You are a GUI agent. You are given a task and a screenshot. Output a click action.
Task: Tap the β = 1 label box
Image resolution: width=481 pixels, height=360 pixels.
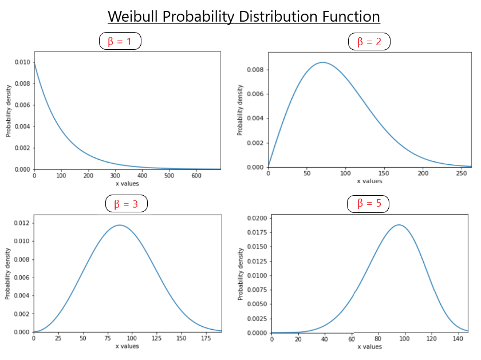(120, 41)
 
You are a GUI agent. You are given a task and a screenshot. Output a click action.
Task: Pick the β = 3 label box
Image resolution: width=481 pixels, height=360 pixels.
(127, 203)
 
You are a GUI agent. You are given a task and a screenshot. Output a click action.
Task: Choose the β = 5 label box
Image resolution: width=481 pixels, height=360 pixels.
(368, 203)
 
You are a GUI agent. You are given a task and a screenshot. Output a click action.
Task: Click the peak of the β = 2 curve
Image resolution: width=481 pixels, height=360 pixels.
(323, 62)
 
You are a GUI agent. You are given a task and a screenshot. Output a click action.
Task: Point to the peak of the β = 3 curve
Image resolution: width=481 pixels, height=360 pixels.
(119, 225)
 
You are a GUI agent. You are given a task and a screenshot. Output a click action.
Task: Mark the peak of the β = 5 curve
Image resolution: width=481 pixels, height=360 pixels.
(399, 225)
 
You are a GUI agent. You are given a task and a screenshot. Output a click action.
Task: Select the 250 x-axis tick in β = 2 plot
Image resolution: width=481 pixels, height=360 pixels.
(462, 173)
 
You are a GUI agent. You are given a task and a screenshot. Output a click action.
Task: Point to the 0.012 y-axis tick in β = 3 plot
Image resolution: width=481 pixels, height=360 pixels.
(22, 223)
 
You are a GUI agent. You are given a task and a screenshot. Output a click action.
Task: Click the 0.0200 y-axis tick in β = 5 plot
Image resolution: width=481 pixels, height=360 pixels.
(256, 218)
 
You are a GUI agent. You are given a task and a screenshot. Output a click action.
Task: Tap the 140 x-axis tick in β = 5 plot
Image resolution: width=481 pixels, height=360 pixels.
(458, 339)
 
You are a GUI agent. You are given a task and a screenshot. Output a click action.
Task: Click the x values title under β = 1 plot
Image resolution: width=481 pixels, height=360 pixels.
(127, 184)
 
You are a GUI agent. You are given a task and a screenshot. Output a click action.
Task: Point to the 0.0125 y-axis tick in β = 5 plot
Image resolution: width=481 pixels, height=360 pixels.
(256, 261)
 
